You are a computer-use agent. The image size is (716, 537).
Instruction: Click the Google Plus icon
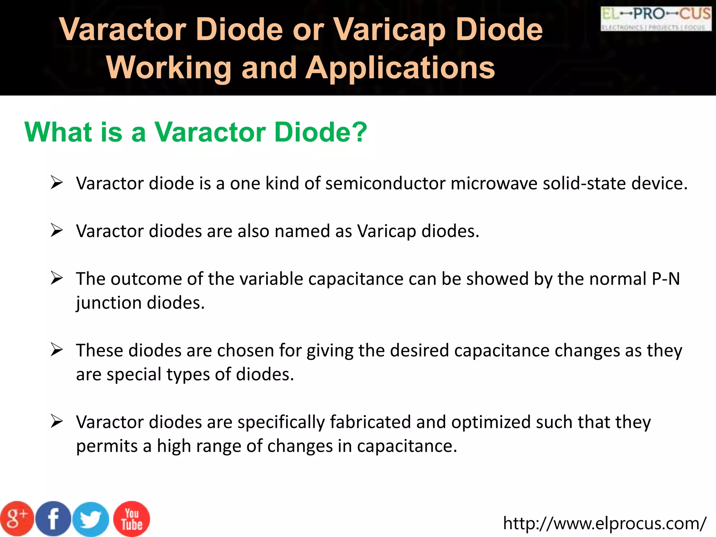tap(17, 518)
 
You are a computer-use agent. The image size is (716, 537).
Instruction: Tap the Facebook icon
tap(53, 518)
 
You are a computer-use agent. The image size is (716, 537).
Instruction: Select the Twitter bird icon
tap(91, 519)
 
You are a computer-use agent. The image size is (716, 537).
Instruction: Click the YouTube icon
tap(132, 519)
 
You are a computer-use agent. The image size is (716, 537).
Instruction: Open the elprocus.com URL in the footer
tap(604, 523)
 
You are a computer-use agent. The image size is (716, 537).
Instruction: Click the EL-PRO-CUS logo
tap(656, 19)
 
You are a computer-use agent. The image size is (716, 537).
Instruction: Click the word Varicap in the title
tap(389, 29)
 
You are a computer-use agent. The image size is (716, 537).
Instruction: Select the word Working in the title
tap(169, 68)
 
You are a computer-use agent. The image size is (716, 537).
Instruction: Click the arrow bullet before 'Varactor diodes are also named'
tap(56, 230)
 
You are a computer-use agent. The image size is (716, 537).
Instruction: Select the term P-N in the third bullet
tap(666, 279)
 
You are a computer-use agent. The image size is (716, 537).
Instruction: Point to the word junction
tap(109, 303)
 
